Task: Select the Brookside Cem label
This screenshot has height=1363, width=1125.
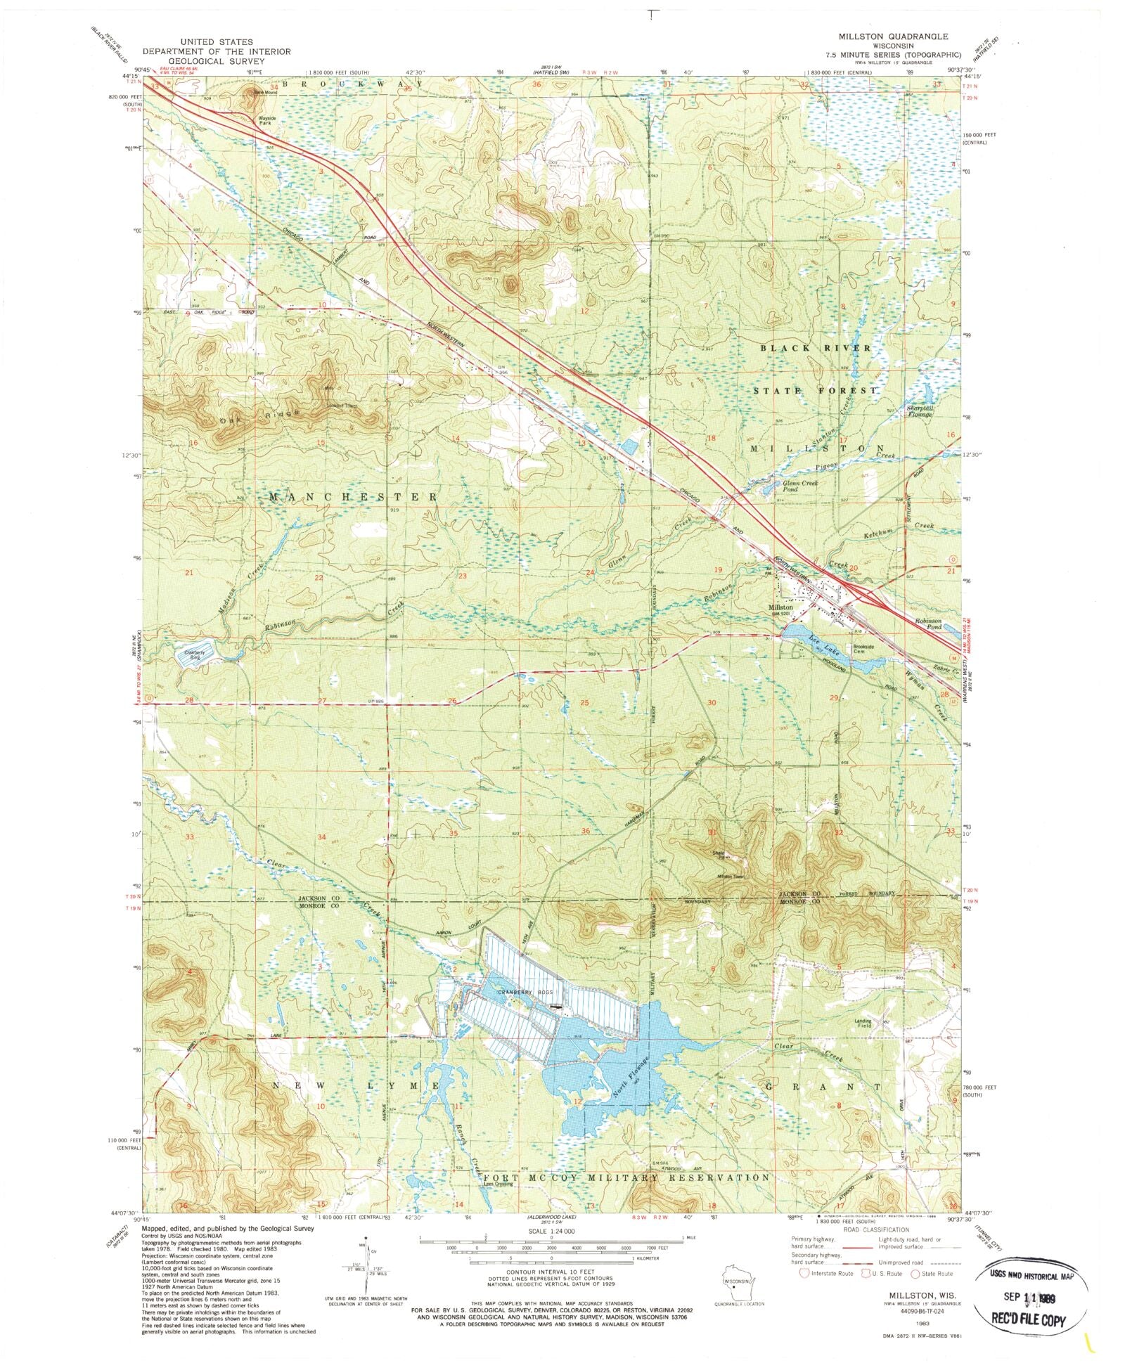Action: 863,649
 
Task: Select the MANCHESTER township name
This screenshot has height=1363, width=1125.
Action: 354,497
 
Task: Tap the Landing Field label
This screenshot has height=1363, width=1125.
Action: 863,1023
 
